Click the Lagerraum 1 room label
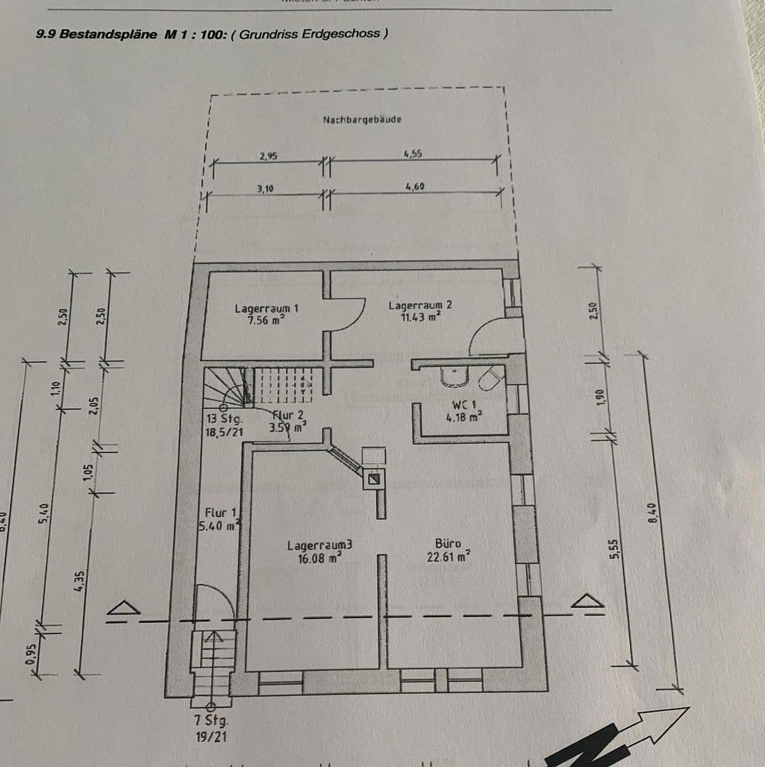tap(266, 314)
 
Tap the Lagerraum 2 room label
tap(419, 311)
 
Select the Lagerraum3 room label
tap(319, 551)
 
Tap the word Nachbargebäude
tap(362, 120)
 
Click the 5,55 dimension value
tap(615, 548)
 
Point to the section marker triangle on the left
tap(126, 608)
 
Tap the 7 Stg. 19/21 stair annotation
tap(211, 728)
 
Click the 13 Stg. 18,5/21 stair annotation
tap(224, 424)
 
